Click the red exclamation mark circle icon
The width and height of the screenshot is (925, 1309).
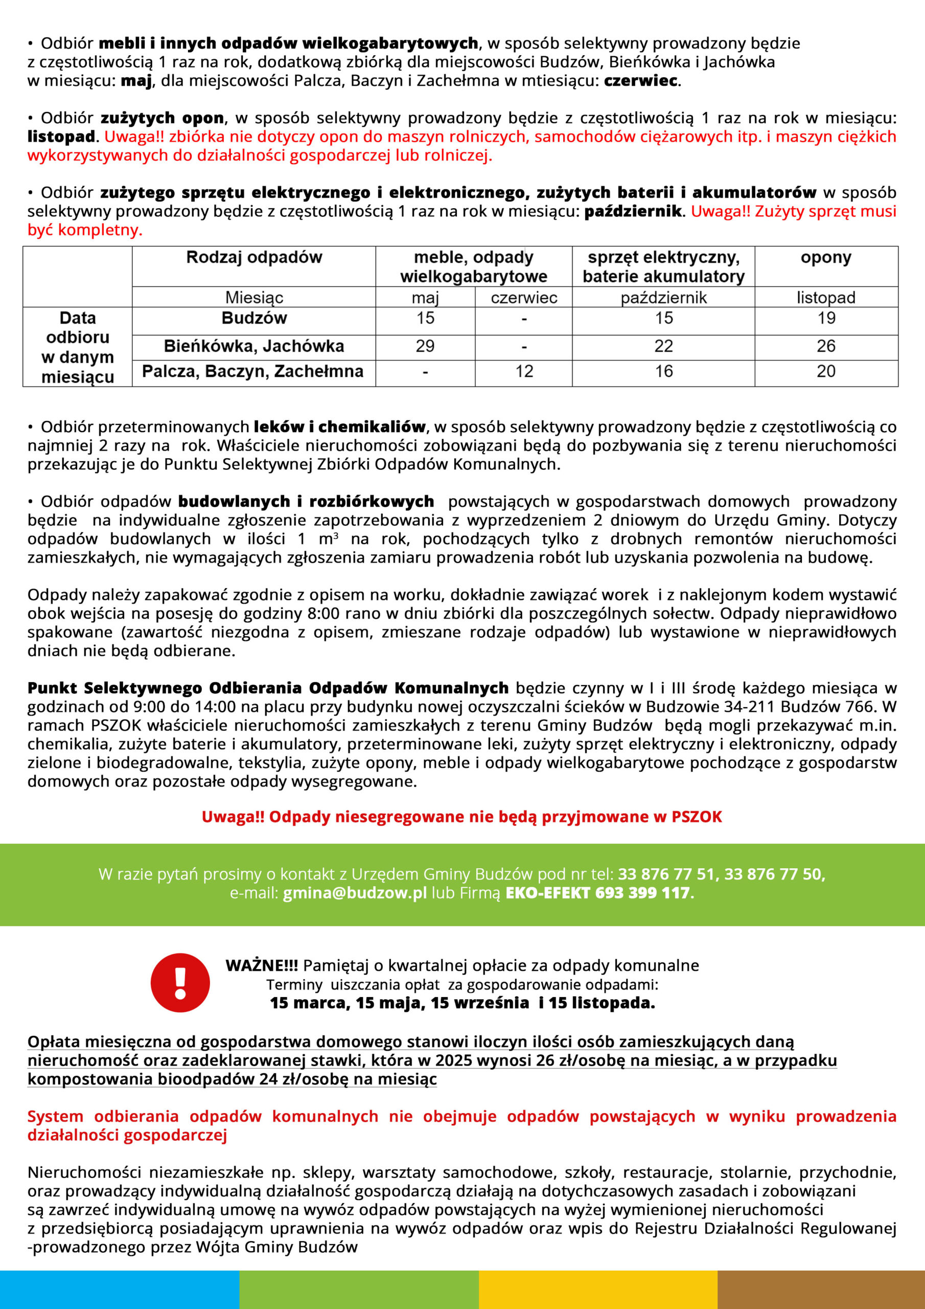(x=180, y=982)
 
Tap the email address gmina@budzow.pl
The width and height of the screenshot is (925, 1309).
(x=355, y=893)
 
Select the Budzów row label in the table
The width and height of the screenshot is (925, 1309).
(x=253, y=318)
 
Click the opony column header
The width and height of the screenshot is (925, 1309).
(x=826, y=258)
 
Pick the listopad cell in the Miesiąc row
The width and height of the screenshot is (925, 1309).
(x=826, y=298)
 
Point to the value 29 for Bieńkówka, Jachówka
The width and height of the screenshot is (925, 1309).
(x=425, y=346)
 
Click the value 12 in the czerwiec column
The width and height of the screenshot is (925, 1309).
(x=524, y=372)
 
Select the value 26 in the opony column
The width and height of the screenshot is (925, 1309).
(x=826, y=346)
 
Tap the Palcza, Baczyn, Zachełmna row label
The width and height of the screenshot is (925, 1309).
(x=252, y=372)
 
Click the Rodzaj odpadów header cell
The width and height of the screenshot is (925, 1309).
(x=253, y=258)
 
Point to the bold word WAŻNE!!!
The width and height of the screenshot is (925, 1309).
(x=262, y=965)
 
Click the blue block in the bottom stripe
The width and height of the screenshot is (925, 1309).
(x=119, y=1290)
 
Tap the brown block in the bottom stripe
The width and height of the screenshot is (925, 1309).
(x=821, y=1290)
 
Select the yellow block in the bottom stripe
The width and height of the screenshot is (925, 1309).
(x=597, y=1290)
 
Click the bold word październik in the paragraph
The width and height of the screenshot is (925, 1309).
(x=633, y=212)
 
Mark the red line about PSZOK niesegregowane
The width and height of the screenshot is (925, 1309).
(x=461, y=817)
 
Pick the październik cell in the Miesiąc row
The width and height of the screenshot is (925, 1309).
(x=663, y=298)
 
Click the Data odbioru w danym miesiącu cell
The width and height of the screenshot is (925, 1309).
(x=78, y=347)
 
